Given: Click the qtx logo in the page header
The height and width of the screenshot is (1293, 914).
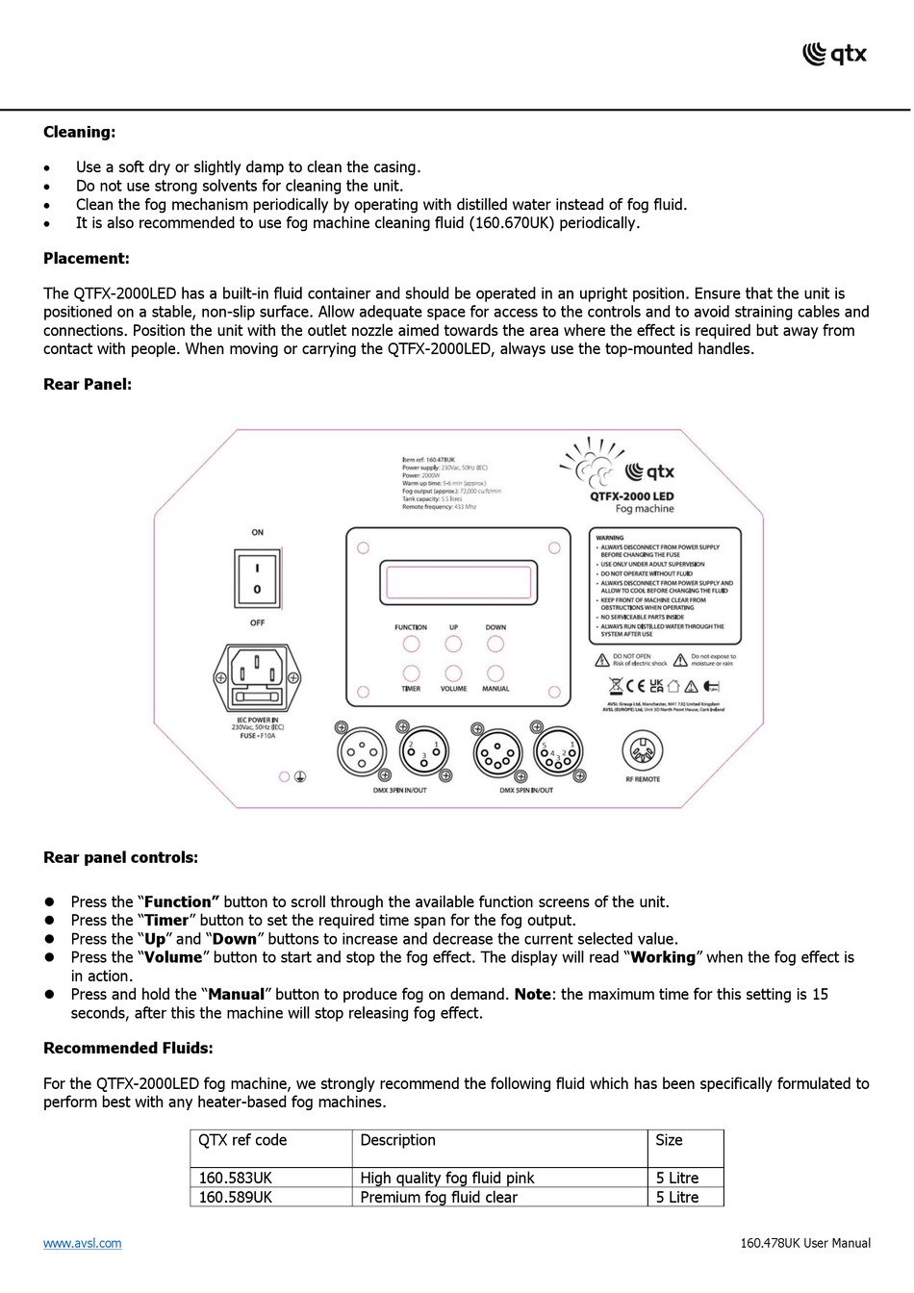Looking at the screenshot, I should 834,54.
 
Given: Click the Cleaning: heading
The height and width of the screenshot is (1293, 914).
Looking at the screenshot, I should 79,133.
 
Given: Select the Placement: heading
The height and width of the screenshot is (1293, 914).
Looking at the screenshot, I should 86,259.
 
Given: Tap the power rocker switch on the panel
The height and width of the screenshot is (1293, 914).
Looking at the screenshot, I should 257,577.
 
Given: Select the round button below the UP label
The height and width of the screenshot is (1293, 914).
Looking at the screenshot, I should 453,645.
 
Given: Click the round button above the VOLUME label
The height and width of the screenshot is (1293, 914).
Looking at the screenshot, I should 453,673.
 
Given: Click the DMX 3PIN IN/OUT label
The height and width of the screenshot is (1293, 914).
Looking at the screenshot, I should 399,791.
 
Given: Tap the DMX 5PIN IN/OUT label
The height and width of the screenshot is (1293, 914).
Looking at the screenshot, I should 526,791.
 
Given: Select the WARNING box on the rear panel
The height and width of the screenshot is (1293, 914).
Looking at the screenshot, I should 664,585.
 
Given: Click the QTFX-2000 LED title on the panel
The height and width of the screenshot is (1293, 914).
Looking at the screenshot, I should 632,496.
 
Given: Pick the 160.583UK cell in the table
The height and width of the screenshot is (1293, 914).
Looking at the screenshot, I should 236,1179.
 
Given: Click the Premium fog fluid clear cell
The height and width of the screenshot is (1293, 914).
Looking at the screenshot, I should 439,1198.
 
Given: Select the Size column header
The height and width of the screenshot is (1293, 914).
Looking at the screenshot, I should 669,1141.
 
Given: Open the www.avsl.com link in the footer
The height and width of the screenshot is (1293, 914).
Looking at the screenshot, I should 83,1244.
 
